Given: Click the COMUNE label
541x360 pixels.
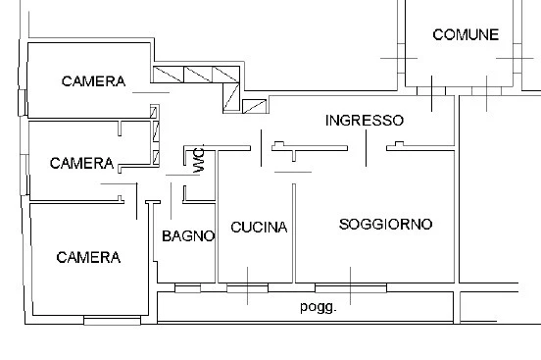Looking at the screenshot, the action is click(x=466, y=34).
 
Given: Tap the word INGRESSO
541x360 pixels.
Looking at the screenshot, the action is click(x=365, y=121).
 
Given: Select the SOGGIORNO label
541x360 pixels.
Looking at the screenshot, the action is click(x=385, y=225).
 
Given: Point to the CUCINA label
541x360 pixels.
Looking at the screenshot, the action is click(x=259, y=227).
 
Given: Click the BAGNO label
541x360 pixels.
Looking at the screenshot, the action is click(x=188, y=236).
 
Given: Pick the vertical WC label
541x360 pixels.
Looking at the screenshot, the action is click(x=199, y=160).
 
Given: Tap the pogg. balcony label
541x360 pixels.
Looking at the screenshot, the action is click(x=318, y=307).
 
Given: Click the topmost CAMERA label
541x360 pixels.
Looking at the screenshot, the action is click(x=93, y=81).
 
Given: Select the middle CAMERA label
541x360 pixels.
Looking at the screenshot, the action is click(x=81, y=163).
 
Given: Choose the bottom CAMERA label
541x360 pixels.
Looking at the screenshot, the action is click(x=88, y=257).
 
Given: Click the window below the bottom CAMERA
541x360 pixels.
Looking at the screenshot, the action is click(x=112, y=320).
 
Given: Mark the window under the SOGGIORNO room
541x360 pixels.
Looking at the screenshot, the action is click(x=351, y=287).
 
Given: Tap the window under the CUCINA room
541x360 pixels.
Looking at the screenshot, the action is click(x=247, y=287).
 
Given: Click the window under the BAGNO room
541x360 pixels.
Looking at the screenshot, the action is click(x=188, y=287).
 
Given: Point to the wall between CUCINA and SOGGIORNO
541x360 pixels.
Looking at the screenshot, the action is click(x=294, y=233).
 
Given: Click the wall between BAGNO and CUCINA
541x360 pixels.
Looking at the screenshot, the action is click(x=217, y=216).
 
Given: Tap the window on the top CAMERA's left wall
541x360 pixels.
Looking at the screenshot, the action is click(x=23, y=103).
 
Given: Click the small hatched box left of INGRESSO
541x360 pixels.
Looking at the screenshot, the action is click(x=254, y=106).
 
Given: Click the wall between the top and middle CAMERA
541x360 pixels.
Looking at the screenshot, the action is click(x=89, y=120).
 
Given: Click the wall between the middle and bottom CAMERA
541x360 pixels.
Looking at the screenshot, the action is click(x=77, y=202).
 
